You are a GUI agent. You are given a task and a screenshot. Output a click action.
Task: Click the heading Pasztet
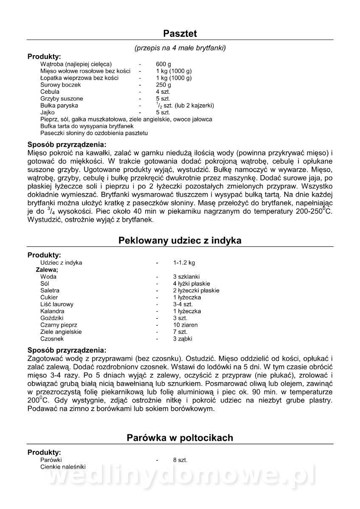[x=180, y=34]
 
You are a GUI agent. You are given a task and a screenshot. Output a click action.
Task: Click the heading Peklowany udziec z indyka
[x=180, y=241]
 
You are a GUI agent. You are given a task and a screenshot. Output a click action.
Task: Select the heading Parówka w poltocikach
[x=180, y=438]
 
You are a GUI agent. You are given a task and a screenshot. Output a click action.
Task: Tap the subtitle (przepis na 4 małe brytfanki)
[x=180, y=48]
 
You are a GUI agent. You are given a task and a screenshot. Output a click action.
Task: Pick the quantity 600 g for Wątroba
[x=163, y=64]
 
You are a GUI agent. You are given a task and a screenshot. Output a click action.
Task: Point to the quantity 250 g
[x=163, y=85]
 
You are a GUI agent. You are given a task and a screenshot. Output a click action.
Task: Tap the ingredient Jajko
[x=48, y=112]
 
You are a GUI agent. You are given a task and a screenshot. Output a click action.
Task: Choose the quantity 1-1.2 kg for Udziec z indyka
[x=184, y=263]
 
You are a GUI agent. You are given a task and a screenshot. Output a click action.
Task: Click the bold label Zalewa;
[x=47, y=270]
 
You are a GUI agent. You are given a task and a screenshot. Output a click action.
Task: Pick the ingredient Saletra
[x=50, y=291]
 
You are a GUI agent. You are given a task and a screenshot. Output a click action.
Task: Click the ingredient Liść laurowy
[x=57, y=304]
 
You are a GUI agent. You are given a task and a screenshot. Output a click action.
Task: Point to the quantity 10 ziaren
[x=185, y=325]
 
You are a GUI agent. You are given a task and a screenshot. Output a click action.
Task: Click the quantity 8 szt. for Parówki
[x=180, y=460]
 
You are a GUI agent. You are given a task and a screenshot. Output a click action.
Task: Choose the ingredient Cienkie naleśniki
[x=63, y=467]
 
